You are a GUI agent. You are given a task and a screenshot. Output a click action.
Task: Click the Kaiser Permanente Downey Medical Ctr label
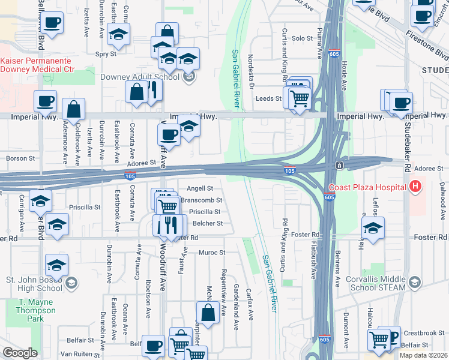pos(37,65)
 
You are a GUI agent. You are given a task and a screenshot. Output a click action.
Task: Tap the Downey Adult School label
pos(148,76)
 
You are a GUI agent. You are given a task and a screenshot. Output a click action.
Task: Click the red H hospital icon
pos(414,187)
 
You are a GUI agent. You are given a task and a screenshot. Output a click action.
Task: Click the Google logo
pos(20,353)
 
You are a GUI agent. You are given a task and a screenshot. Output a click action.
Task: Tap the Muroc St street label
pos(212,253)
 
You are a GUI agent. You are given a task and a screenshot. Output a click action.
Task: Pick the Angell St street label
pos(200,188)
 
